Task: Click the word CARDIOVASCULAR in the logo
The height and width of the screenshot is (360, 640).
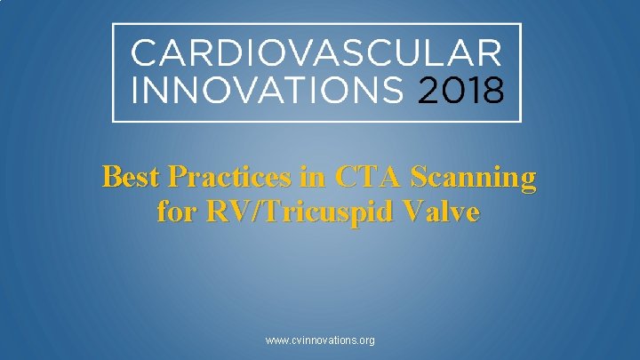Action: pos(316,52)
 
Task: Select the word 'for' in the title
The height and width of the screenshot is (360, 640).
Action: pos(174,213)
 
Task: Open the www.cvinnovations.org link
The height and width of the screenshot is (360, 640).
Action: pos(320,340)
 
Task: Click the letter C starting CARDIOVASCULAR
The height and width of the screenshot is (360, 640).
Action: pos(143,52)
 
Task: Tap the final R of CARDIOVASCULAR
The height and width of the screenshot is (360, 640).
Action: pos(490,52)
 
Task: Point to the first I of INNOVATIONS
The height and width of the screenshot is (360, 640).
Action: pos(135,90)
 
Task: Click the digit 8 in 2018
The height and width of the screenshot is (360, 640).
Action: pos(493,90)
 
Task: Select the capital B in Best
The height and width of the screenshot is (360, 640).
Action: pos(112,178)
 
